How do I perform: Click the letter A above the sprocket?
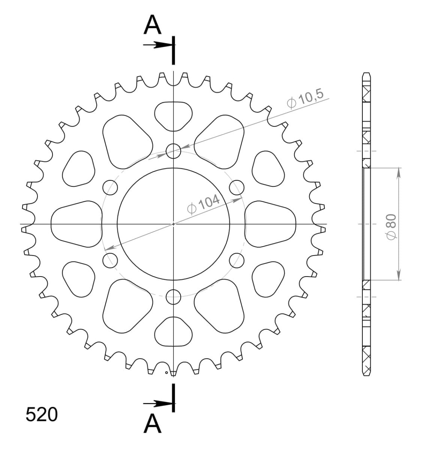[x=153, y=25]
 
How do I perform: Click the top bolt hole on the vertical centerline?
[x=173, y=151]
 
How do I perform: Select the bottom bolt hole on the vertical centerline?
[x=173, y=297]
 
